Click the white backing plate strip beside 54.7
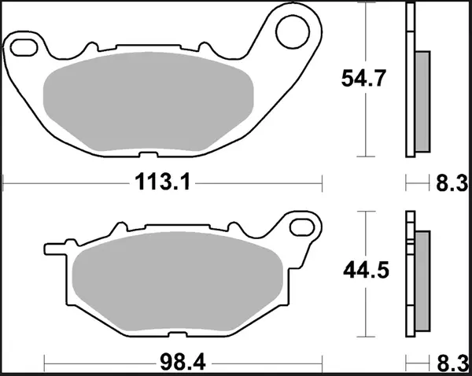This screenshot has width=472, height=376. (x=409, y=79)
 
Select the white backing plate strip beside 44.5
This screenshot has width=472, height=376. (x=409, y=267)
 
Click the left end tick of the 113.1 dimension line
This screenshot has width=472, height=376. (x=6, y=183)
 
